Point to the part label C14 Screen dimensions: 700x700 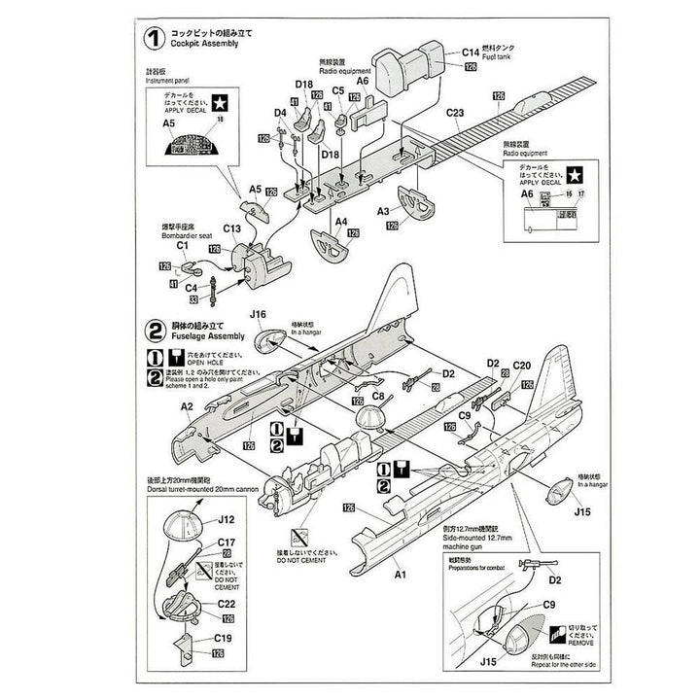471,52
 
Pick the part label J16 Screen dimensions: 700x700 258,314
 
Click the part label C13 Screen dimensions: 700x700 231,229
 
